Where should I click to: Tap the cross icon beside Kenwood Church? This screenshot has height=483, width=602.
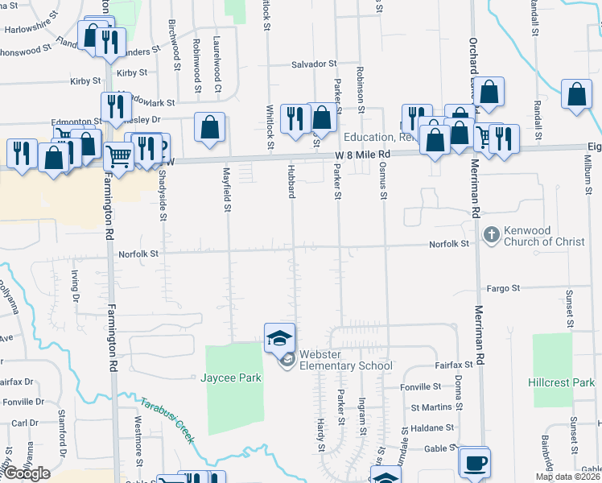490,235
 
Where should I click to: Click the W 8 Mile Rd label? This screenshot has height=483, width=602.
362,154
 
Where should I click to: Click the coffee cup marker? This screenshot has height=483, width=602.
474,463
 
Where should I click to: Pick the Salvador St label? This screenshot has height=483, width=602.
313,64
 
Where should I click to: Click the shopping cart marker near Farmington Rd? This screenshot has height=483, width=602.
118,155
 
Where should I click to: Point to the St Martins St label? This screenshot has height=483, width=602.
432,407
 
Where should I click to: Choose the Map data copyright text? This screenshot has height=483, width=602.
568,477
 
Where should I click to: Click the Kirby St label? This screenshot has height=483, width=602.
85,81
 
